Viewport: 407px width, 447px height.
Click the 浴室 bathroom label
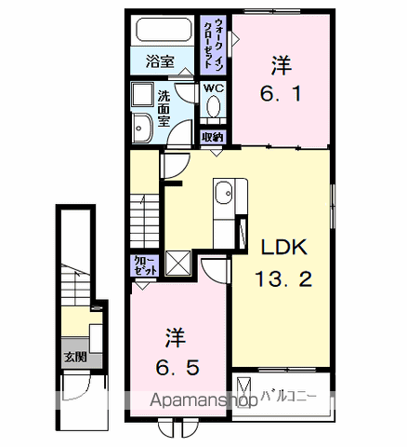point(161,62)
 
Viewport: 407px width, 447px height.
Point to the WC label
point(214,88)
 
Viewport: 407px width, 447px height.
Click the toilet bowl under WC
point(214,108)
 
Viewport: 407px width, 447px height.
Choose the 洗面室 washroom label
point(164,108)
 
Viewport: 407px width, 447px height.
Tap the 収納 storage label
point(214,137)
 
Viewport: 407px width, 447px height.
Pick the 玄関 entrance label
point(74,355)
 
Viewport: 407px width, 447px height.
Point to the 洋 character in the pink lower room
point(176,334)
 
